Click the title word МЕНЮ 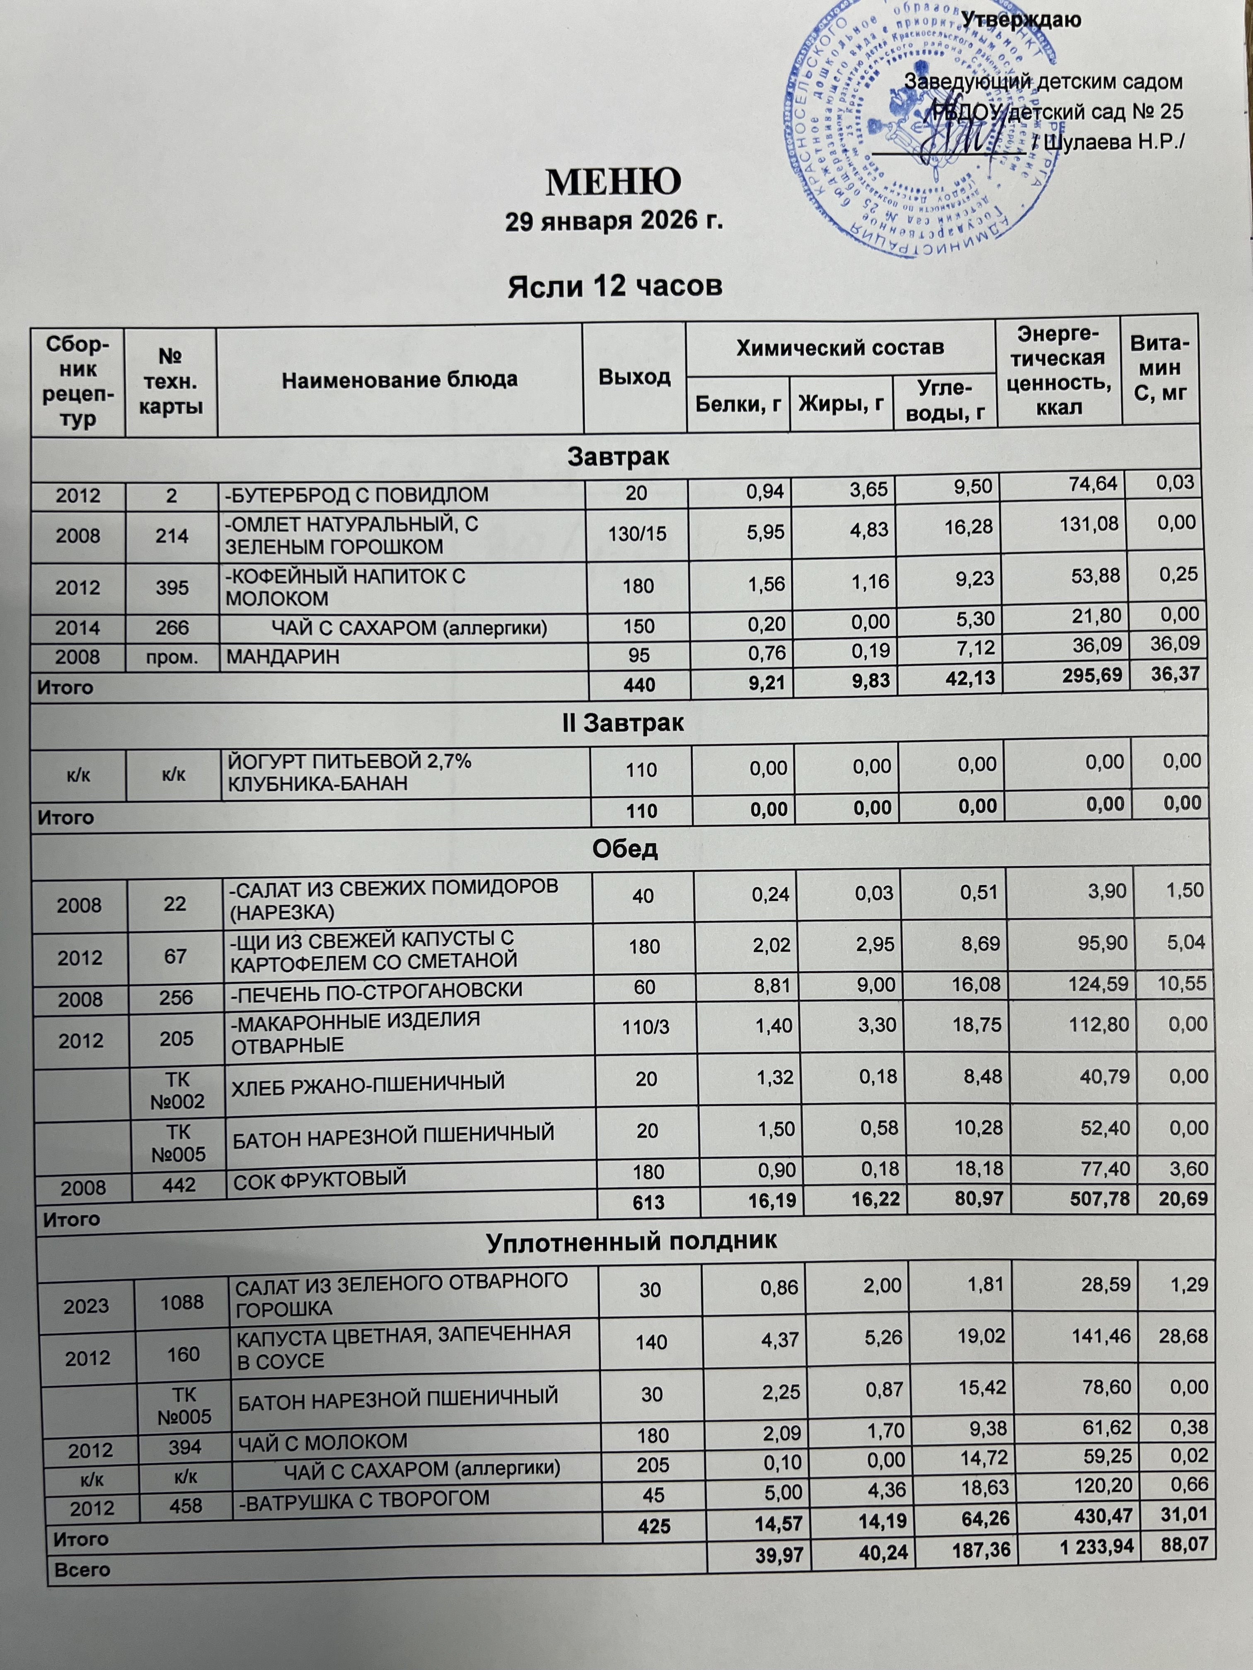coord(613,181)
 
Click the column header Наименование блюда coord(399,379)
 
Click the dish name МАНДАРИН coord(272,657)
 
